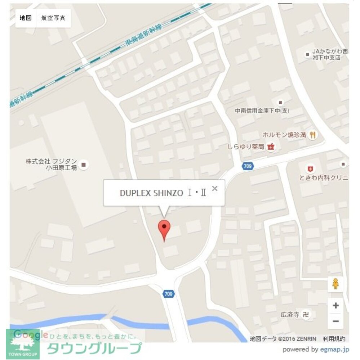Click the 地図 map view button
click(26, 18)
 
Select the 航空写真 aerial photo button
click(53, 18)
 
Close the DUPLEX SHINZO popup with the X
click(215, 188)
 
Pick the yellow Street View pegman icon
click(335, 284)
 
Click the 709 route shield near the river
click(168, 294)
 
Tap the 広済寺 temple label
click(290, 314)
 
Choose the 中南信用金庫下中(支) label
click(265, 111)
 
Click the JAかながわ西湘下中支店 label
click(326, 54)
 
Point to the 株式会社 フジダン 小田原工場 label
click(51, 165)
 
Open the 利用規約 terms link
click(334, 338)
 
